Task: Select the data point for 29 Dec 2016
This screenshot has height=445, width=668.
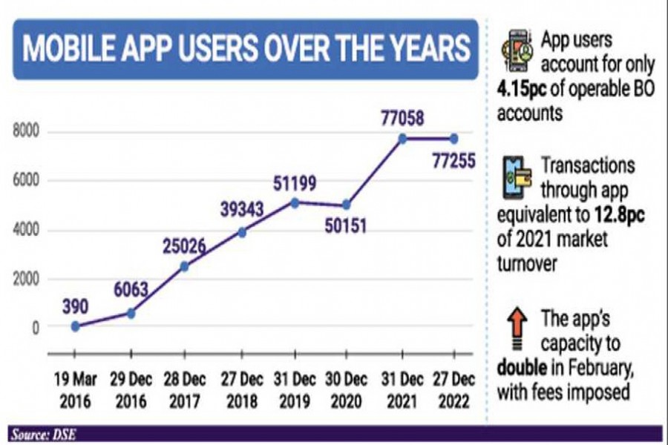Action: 131,313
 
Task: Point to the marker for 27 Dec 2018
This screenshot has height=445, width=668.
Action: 240,232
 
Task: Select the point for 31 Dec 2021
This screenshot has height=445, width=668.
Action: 402,139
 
